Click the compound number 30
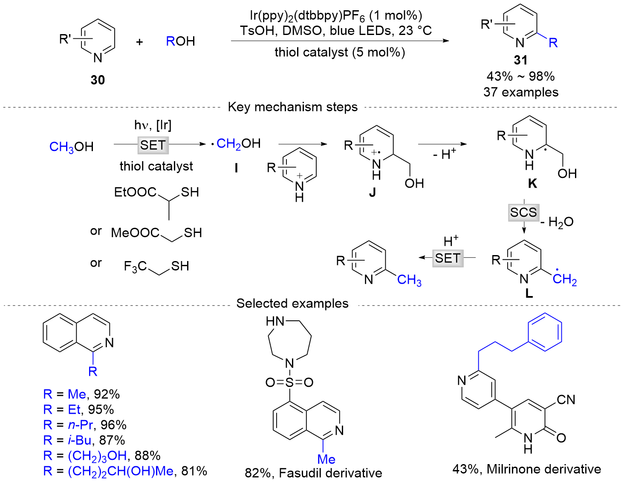tap(98, 80)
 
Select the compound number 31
tap(520, 60)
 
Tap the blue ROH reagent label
tap(180, 41)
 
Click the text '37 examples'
tap(520, 92)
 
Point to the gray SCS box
tap(523, 212)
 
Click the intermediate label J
tap(372, 192)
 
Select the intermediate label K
tap(532, 183)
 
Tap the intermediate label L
tap(529, 293)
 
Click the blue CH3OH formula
tap(71, 147)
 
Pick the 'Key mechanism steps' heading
tap(292, 107)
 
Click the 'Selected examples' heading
tap(292, 303)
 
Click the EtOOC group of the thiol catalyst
tap(135, 192)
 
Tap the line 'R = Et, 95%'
tap(78, 409)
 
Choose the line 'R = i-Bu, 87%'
tap(84, 440)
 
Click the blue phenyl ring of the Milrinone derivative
tap(545, 331)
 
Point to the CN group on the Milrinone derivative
tap(566, 400)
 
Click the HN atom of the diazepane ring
tap(275, 321)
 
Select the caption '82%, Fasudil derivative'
tap(313, 473)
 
